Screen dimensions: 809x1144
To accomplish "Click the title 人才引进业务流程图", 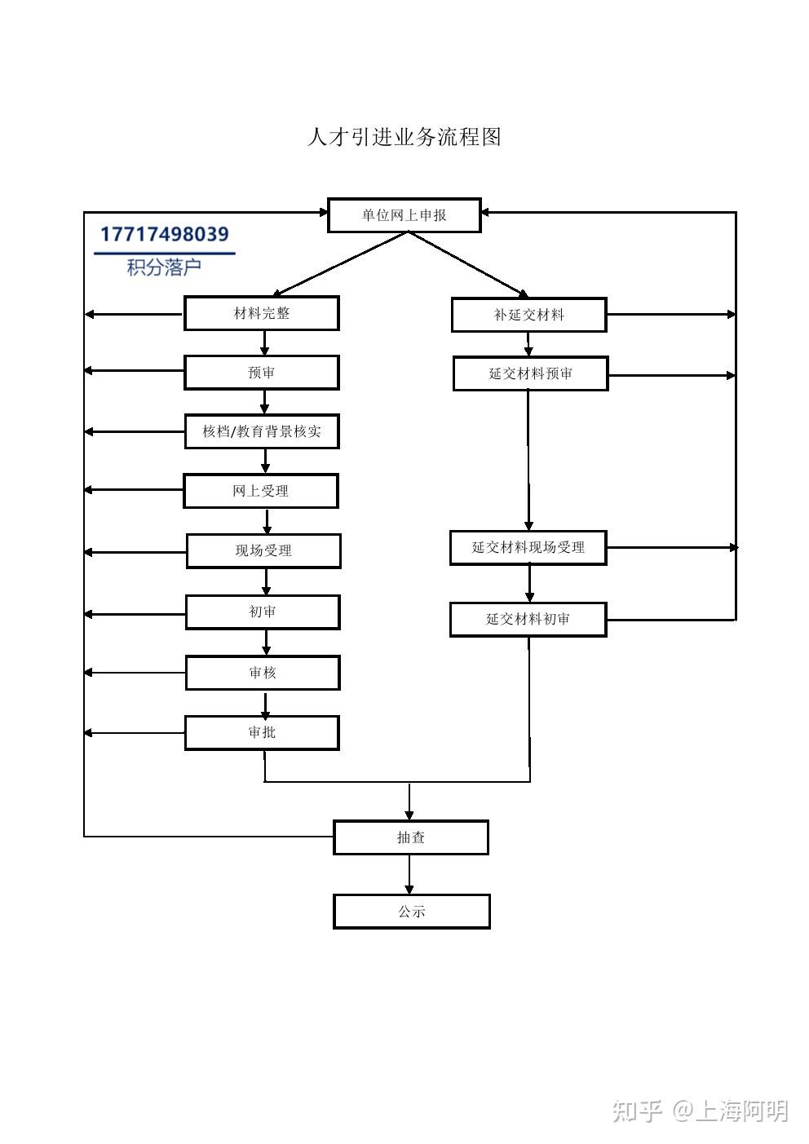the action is click(404, 137).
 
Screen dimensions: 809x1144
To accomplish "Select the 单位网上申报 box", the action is click(404, 215).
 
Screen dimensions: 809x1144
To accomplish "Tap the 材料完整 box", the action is click(262, 313).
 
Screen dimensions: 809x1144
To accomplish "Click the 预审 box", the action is click(262, 373).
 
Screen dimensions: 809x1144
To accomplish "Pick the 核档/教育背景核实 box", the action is click(262, 431).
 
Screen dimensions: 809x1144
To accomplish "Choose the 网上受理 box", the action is click(260, 491).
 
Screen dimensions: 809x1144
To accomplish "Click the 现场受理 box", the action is click(263, 550).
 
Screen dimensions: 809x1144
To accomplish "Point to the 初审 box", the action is click(263, 612).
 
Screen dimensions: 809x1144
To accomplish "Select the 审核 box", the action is click(263, 673).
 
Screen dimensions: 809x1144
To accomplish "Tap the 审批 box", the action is click(262, 733).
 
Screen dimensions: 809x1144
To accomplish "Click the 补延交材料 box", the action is click(529, 315).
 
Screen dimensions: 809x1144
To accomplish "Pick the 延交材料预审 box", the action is click(531, 373).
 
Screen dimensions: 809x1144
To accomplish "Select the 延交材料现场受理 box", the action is click(528, 547).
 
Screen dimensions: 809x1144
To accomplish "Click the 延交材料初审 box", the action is click(528, 620).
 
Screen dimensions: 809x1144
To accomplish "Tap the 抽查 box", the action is click(411, 837).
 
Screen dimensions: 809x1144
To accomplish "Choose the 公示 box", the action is click(412, 912).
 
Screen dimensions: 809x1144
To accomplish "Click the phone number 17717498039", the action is click(165, 234).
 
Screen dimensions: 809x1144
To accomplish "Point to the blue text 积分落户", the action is click(164, 267).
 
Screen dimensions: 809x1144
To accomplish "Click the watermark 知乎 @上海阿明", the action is click(701, 1111).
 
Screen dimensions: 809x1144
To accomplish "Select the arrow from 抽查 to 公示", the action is click(409, 874).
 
